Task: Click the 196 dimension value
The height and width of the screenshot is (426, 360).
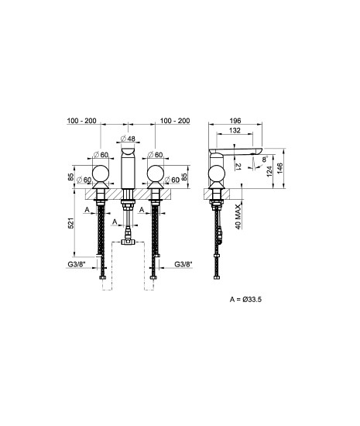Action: click(235, 121)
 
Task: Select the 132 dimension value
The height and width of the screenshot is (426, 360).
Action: click(235, 130)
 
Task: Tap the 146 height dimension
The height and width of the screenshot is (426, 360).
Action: click(279, 168)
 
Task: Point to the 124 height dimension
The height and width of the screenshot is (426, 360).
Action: click(269, 171)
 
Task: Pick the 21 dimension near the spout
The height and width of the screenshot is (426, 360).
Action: click(238, 167)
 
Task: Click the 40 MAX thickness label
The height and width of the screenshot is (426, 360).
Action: click(238, 217)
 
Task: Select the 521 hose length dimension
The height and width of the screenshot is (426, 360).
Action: click(70, 223)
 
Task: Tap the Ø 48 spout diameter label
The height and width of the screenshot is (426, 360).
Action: click(128, 139)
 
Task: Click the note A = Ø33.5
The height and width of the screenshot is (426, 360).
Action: click(245, 300)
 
